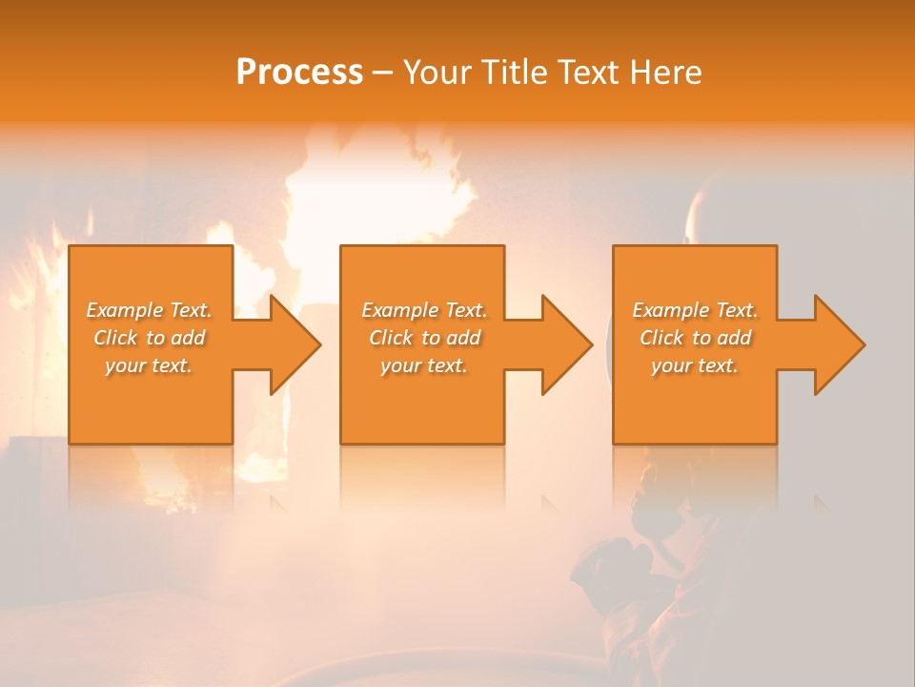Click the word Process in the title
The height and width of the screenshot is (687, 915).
[299, 72]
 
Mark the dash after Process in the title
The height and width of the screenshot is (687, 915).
[382, 73]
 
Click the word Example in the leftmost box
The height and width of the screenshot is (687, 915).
[123, 310]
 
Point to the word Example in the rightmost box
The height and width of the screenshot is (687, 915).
[669, 310]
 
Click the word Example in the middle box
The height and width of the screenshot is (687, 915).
[398, 310]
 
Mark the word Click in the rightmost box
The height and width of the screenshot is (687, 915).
[663, 338]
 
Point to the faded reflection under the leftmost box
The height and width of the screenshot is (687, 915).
[151, 477]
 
